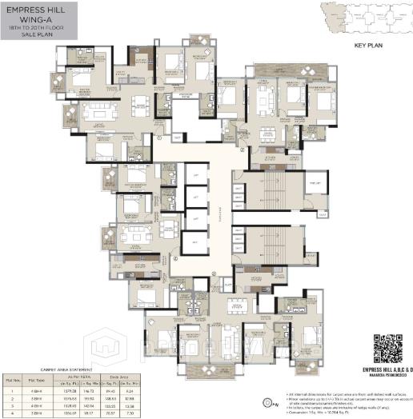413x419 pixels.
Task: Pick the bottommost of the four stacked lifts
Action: pos(193,240)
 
